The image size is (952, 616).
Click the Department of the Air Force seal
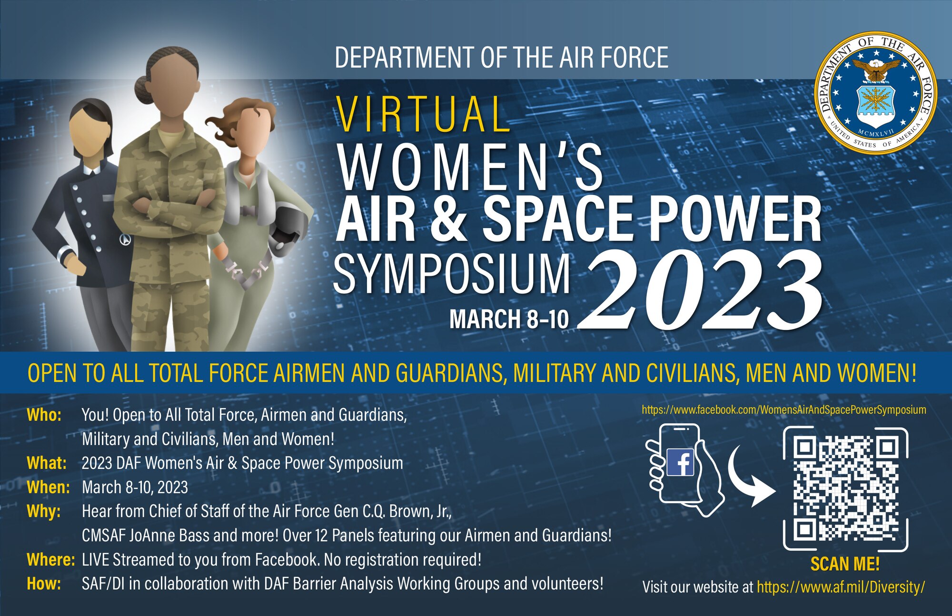click(x=875, y=93)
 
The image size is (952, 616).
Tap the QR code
click(x=845, y=489)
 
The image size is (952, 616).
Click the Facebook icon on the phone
click(x=681, y=462)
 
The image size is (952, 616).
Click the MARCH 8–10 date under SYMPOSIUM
click(x=509, y=319)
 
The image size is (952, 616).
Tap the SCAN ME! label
click(x=845, y=564)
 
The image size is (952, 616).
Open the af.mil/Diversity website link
click(x=841, y=587)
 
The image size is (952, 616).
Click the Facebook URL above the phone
click(x=783, y=410)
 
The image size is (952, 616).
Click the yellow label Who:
click(x=44, y=415)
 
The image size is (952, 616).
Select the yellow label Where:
click(x=50, y=559)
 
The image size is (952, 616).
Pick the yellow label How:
click(x=44, y=584)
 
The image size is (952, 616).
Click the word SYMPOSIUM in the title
click(x=452, y=275)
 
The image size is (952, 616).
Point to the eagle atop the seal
click(x=875, y=69)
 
